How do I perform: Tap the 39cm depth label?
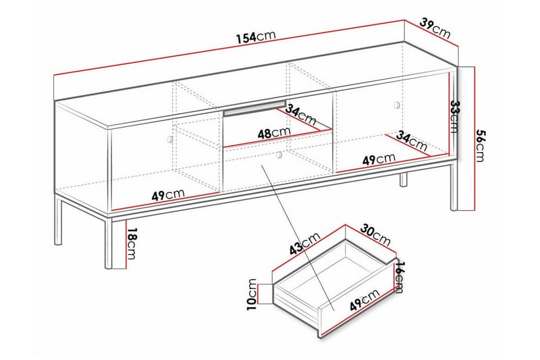tap(435, 28)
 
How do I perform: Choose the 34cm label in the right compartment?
tap(412, 141)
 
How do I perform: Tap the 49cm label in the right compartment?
tap(379, 159)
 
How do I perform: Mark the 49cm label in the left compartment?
tap(167, 195)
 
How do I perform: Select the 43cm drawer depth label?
tap(305, 246)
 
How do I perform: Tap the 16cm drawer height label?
tap(398, 276)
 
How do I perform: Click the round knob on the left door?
tap(169, 138)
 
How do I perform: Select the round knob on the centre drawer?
tap(279, 156)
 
